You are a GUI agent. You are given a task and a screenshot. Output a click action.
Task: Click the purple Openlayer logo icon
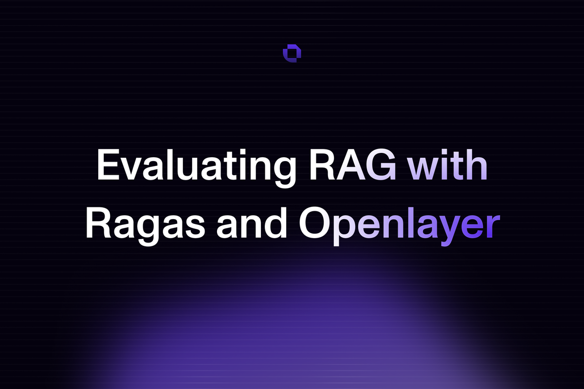[x=292, y=54]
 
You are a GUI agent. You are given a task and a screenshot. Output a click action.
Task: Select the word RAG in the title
[x=352, y=165]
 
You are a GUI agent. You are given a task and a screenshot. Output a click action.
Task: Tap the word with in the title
[x=448, y=165]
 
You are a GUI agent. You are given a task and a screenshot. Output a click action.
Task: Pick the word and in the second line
[x=252, y=222]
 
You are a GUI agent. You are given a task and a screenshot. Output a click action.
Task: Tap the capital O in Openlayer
[x=314, y=223]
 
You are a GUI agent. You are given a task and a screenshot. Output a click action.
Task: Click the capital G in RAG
[x=381, y=165]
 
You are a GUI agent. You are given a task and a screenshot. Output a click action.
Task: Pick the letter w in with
[x=424, y=169]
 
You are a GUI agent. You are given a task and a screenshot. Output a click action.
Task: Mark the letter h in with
[x=476, y=165]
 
